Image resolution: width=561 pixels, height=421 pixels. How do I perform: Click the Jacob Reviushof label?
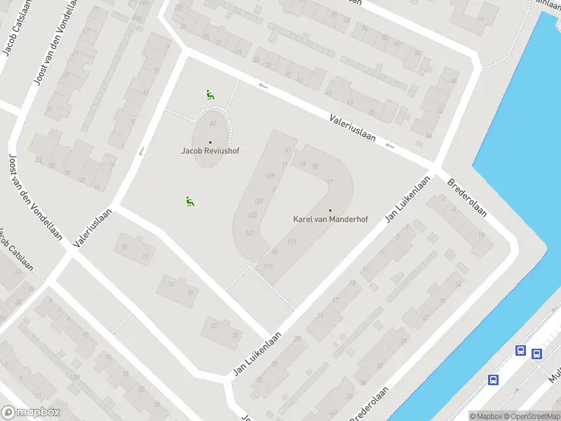[x=210, y=151]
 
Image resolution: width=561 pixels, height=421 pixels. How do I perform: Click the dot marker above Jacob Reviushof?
[x=210, y=142]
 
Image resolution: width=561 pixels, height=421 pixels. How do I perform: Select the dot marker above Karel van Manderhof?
[x=330, y=210]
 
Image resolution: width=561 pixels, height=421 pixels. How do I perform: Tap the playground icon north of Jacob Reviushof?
[x=209, y=94]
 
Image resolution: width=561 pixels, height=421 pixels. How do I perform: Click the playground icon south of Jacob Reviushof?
[x=189, y=201]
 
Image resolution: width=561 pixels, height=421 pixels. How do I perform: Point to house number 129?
[x=271, y=175]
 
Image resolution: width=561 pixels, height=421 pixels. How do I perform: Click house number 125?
[x=259, y=201]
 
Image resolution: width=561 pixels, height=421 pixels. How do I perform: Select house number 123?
[x=253, y=215]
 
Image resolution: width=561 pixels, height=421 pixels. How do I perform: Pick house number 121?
[x=249, y=232]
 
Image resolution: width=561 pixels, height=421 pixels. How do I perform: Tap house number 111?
[x=292, y=242]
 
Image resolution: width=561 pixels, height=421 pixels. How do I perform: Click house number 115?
[x=268, y=266]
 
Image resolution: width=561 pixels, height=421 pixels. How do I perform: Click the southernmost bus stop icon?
[x=494, y=380]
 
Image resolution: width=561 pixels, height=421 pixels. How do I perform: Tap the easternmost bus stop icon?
[x=536, y=354]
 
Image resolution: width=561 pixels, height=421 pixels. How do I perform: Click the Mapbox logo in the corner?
[x=31, y=413]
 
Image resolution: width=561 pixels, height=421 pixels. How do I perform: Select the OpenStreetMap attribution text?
[x=529, y=416]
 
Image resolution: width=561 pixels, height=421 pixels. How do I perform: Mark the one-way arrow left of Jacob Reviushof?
[x=142, y=150]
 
